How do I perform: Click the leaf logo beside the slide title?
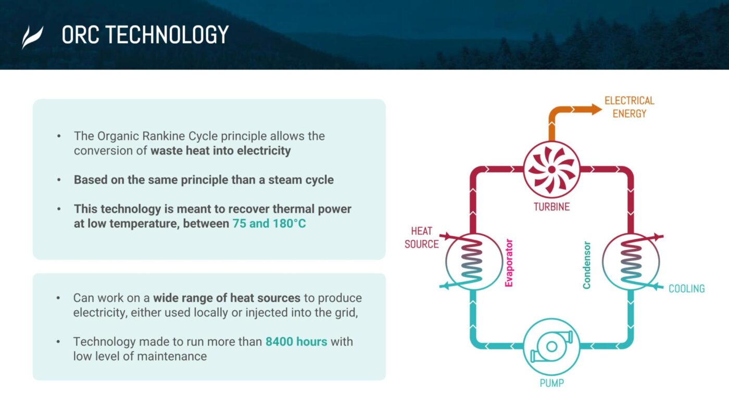32,37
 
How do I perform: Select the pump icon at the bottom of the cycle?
551,346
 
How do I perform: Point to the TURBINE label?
551,207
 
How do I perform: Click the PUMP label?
551,383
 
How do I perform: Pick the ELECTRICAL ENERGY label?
629,107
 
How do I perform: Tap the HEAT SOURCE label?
421,237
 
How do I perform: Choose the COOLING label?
686,289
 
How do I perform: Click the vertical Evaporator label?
509,263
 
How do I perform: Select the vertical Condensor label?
587,265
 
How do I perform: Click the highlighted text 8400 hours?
296,342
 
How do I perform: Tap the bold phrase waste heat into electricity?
220,151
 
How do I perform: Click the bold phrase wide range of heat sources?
227,298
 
